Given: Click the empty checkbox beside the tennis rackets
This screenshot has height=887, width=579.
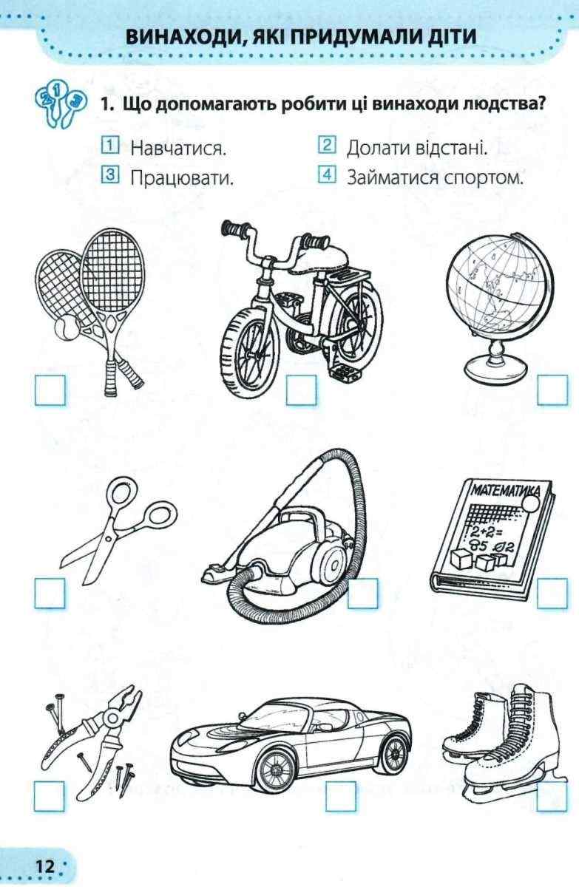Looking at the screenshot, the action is [50, 390].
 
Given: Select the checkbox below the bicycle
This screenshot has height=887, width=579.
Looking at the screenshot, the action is [302, 390].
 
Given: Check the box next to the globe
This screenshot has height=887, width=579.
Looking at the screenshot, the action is [552, 390].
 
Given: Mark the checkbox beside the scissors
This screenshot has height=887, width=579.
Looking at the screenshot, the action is [50, 593].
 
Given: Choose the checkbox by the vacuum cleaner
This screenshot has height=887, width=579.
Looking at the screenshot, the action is [363, 593].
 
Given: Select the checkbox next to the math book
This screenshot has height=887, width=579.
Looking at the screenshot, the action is [552, 593].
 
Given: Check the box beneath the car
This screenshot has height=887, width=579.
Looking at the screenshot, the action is [341, 796].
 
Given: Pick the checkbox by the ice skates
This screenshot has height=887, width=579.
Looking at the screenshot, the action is [552, 796].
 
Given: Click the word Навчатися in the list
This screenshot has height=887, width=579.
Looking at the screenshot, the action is [178, 149].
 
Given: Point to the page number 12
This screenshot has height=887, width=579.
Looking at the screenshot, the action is [45, 866].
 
